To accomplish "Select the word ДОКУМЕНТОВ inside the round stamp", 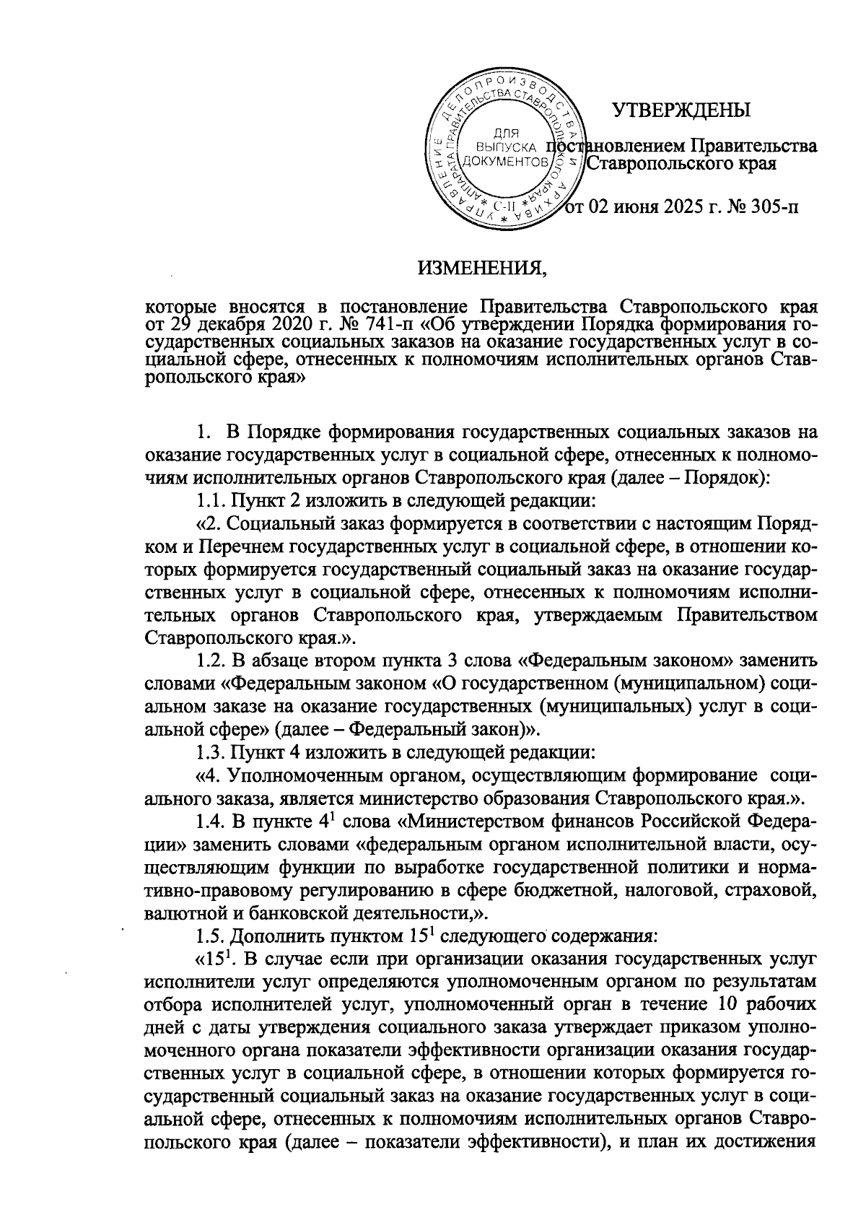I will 502,160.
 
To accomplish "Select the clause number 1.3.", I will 210,752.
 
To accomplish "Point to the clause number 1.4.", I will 210,822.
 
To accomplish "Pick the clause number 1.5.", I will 210,937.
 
